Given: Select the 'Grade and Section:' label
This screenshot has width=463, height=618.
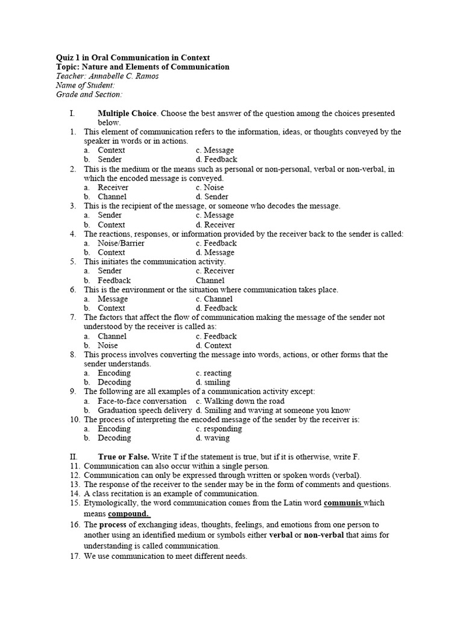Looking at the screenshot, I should coord(89,94).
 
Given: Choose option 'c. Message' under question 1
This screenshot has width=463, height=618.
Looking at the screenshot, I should coord(215,150).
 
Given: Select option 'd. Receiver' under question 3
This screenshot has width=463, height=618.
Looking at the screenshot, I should coord(215,225).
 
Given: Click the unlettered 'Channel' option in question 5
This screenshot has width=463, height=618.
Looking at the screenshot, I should coord(210,280).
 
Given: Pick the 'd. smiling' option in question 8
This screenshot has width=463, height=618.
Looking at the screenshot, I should coord(213,382).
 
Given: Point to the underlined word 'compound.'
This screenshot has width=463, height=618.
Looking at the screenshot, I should coord(129,514).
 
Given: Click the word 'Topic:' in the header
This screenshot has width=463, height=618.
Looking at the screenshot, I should coord(68,67).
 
